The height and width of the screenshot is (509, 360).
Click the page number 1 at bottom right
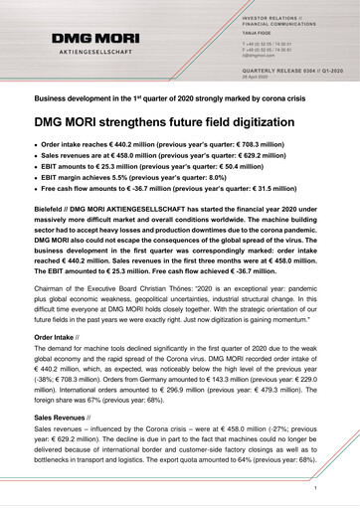point(314,491)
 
